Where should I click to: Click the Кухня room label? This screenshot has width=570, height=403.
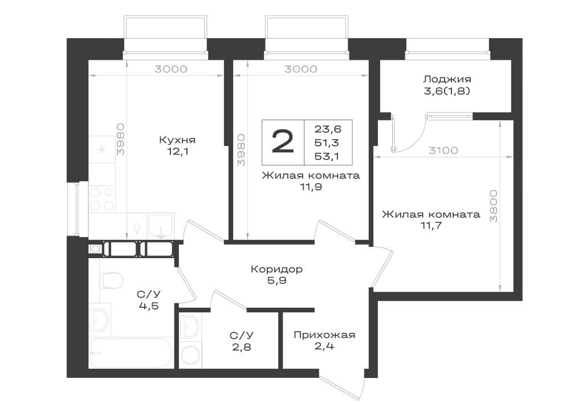177,140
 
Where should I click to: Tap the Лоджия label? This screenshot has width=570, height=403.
447,79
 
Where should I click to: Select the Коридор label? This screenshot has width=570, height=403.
276,269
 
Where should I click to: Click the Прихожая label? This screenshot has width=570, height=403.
324,335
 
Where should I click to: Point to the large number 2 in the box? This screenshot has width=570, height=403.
283,142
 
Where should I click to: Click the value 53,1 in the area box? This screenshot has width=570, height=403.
327,157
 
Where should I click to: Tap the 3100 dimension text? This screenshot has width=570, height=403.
443,150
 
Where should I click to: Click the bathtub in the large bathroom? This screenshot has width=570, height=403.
131,353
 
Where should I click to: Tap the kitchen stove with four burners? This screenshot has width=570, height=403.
102,199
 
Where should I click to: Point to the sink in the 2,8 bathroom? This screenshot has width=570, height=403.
189,327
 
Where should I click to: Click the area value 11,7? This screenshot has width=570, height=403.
431,225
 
